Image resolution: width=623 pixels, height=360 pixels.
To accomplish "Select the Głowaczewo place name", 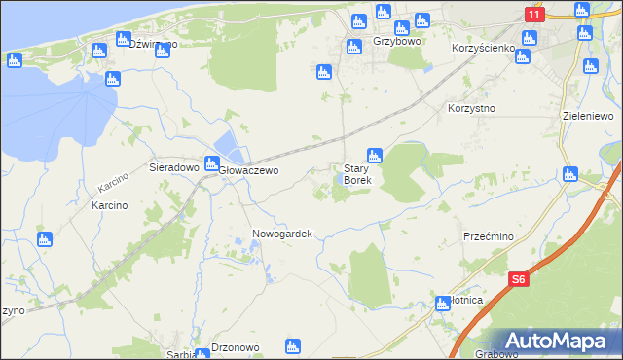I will click(x=248, y=170).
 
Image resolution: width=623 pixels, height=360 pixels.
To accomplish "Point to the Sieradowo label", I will click(x=173, y=167).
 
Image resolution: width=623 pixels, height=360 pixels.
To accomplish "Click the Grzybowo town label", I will click(x=396, y=43).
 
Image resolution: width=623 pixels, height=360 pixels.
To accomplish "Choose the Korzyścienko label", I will click(x=483, y=47).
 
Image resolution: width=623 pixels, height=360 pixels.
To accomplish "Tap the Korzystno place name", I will click(x=471, y=108).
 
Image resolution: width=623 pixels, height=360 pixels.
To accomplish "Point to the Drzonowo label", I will click(x=234, y=348).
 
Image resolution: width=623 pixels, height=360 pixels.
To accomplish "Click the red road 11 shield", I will click(x=533, y=15).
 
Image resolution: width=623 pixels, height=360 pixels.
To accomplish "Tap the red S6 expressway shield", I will click(x=521, y=279).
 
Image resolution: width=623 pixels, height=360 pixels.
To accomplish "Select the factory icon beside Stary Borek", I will click(x=374, y=156).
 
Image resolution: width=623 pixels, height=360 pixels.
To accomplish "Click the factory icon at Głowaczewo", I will click(x=211, y=164).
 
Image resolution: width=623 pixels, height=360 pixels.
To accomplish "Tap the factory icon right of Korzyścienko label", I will click(x=530, y=39).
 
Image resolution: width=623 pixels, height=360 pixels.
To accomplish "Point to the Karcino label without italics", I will click(x=110, y=206).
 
